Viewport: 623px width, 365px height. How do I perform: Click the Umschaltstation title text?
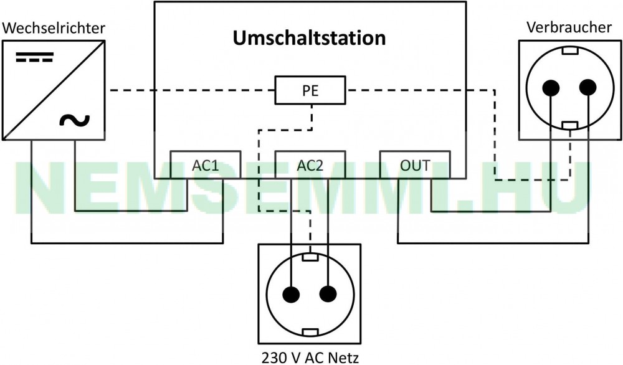click(x=309, y=38)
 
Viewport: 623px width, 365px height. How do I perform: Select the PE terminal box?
click(x=310, y=90)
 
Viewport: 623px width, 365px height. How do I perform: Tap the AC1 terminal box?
click(x=206, y=164)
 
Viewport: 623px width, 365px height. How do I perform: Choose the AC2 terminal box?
click(x=310, y=164)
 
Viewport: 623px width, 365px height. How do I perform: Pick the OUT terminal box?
click(x=415, y=164)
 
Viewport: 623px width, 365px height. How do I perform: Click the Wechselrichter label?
click(x=54, y=28)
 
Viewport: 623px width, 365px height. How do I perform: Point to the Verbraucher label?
click(x=569, y=27)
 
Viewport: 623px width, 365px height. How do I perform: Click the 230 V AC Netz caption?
click(x=310, y=358)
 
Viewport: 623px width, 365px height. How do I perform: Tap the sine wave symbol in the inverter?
click(x=75, y=120)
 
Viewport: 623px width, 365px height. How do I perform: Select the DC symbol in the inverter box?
click(x=34, y=57)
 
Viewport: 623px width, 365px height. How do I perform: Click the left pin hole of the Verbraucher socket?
click(x=551, y=88)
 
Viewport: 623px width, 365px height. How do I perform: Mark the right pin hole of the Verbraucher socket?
click(x=587, y=88)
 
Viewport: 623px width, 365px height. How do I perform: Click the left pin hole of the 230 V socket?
click(x=291, y=294)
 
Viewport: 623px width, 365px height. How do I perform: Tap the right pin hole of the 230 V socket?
click(x=328, y=294)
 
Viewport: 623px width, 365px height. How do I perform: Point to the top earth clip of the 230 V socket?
click(x=310, y=257)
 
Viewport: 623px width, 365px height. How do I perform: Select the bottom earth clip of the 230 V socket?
click(x=310, y=332)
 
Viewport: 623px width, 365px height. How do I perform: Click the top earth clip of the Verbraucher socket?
click(x=570, y=51)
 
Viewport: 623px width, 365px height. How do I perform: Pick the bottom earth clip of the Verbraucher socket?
click(x=570, y=125)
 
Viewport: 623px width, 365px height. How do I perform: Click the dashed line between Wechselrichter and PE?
click(x=193, y=90)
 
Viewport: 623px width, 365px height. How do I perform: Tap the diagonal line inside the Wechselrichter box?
click(x=54, y=90)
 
